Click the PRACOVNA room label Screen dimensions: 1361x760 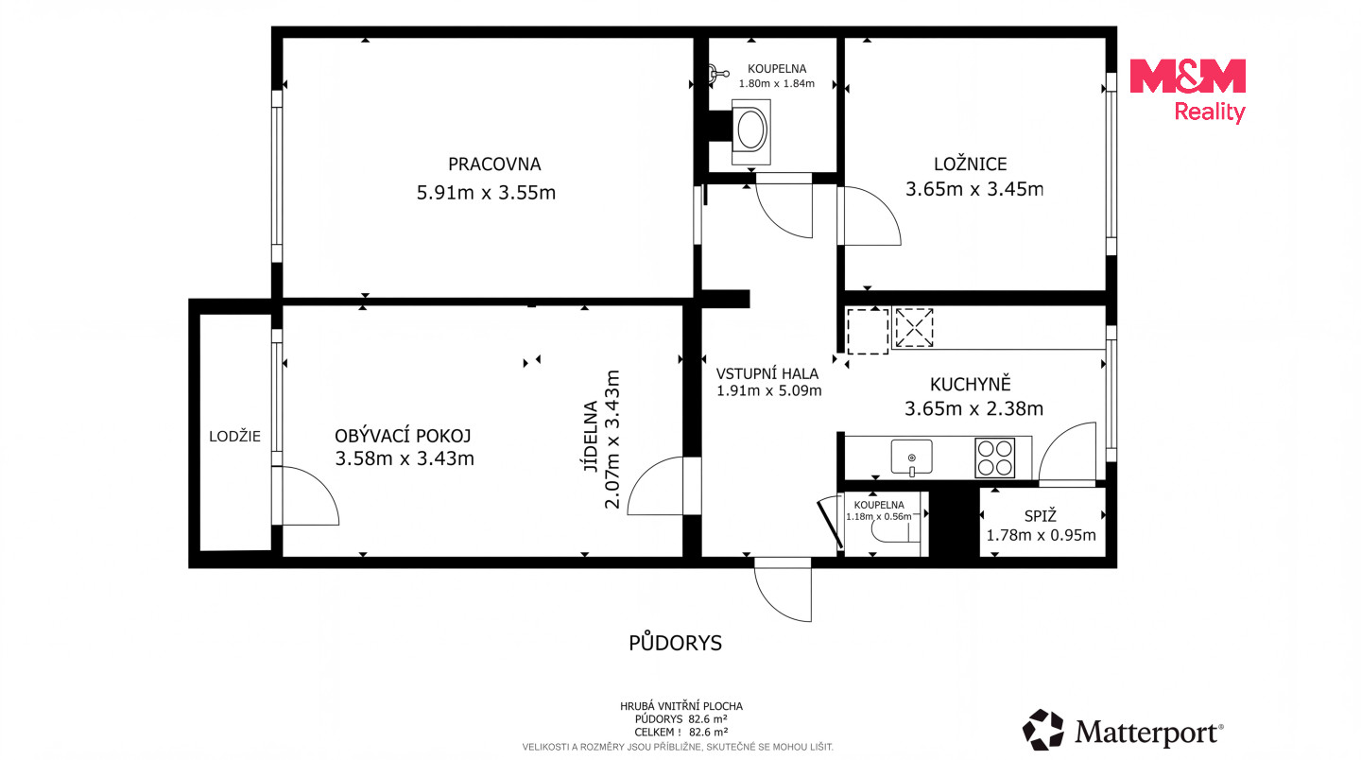click(x=494, y=164)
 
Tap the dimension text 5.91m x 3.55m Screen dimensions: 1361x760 click(x=486, y=193)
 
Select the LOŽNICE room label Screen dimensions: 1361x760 click(x=971, y=164)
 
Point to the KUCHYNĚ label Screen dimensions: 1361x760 click(x=971, y=384)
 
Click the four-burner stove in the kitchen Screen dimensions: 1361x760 click(x=994, y=458)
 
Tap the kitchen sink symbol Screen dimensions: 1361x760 click(x=911, y=457)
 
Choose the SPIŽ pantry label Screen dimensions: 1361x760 click(x=1041, y=516)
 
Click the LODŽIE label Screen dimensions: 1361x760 click(x=234, y=436)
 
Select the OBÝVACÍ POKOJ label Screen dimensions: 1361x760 click(x=403, y=436)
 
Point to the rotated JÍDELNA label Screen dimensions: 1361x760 click(x=591, y=436)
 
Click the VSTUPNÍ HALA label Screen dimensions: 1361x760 click(x=767, y=373)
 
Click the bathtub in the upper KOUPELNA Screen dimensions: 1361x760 click(x=751, y=131)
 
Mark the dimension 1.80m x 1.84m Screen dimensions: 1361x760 click(x=777, y=84)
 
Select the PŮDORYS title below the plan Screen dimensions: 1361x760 click(x=675, y=643)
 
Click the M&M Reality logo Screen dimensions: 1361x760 click(x=1188, y=90)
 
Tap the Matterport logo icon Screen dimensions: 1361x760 click(x=1042, y=730)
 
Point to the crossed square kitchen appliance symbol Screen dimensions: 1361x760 click(x=914, y=327)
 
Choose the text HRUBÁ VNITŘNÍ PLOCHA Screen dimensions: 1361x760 click(x=681, y=706)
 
